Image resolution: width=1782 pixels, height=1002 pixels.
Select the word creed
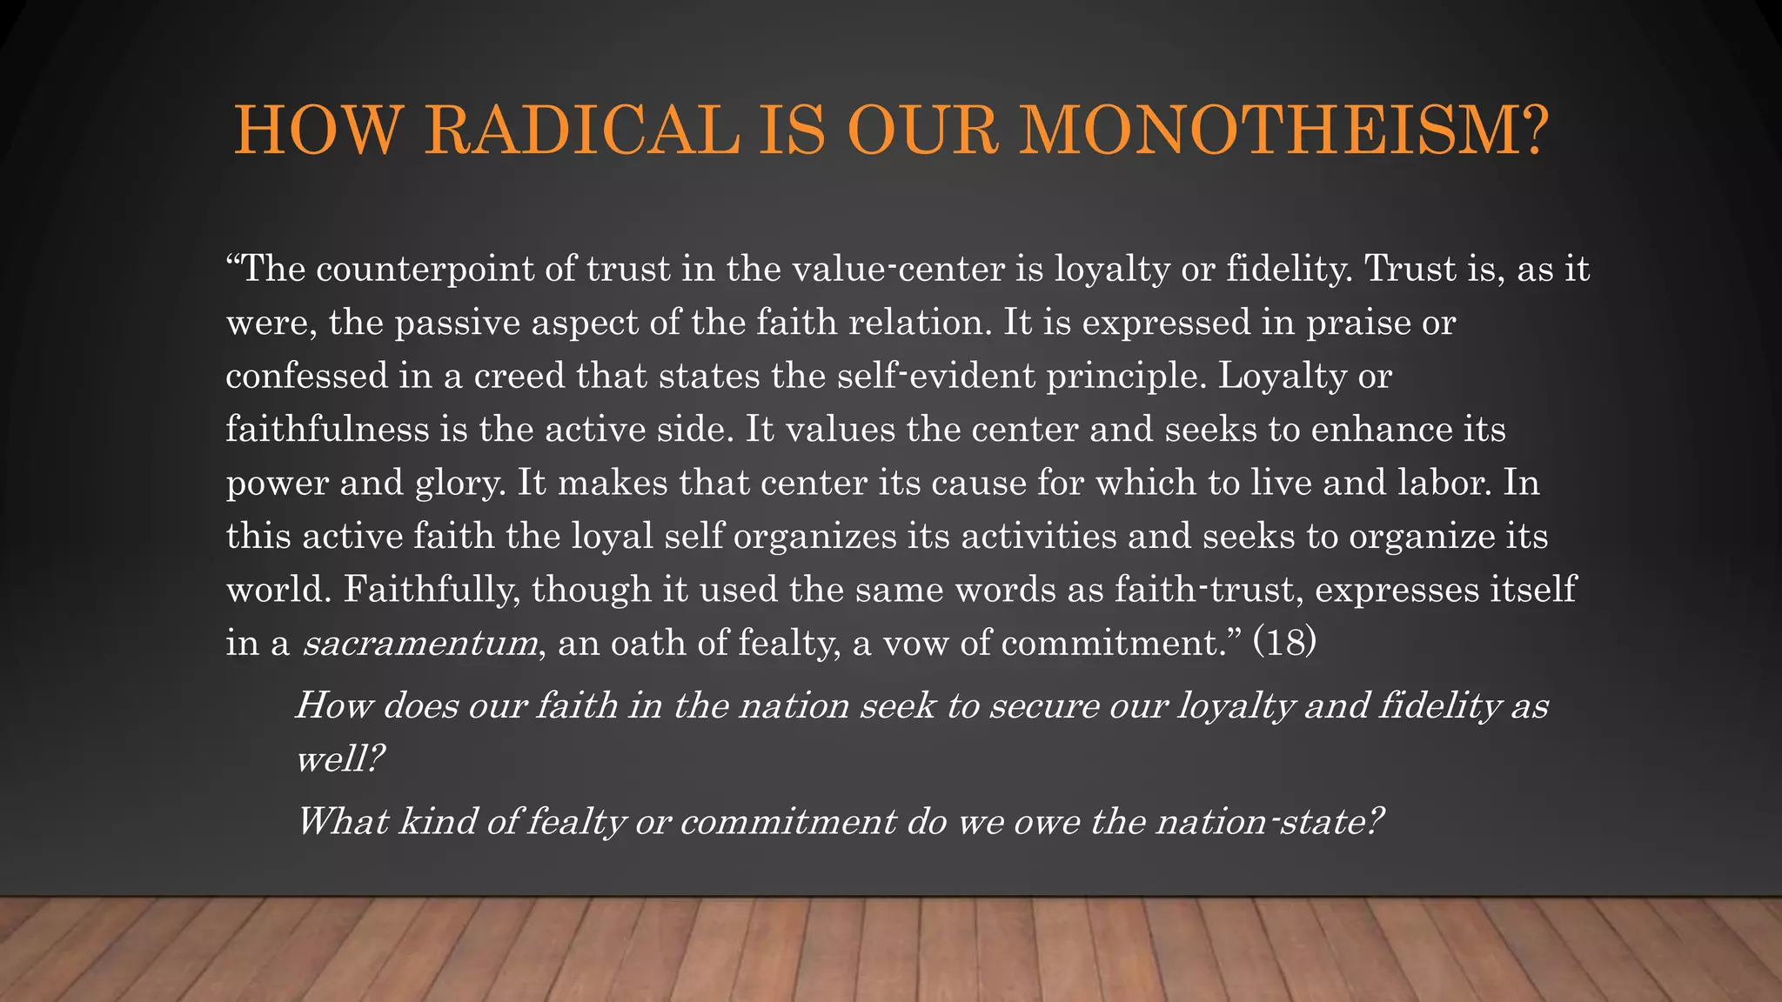[x=519, y=376]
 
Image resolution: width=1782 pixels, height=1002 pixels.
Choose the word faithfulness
[x=327, y=430]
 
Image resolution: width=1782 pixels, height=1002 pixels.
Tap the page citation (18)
[x=1284, y=644]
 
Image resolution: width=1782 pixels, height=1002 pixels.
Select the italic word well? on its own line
[x=340, y=759]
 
